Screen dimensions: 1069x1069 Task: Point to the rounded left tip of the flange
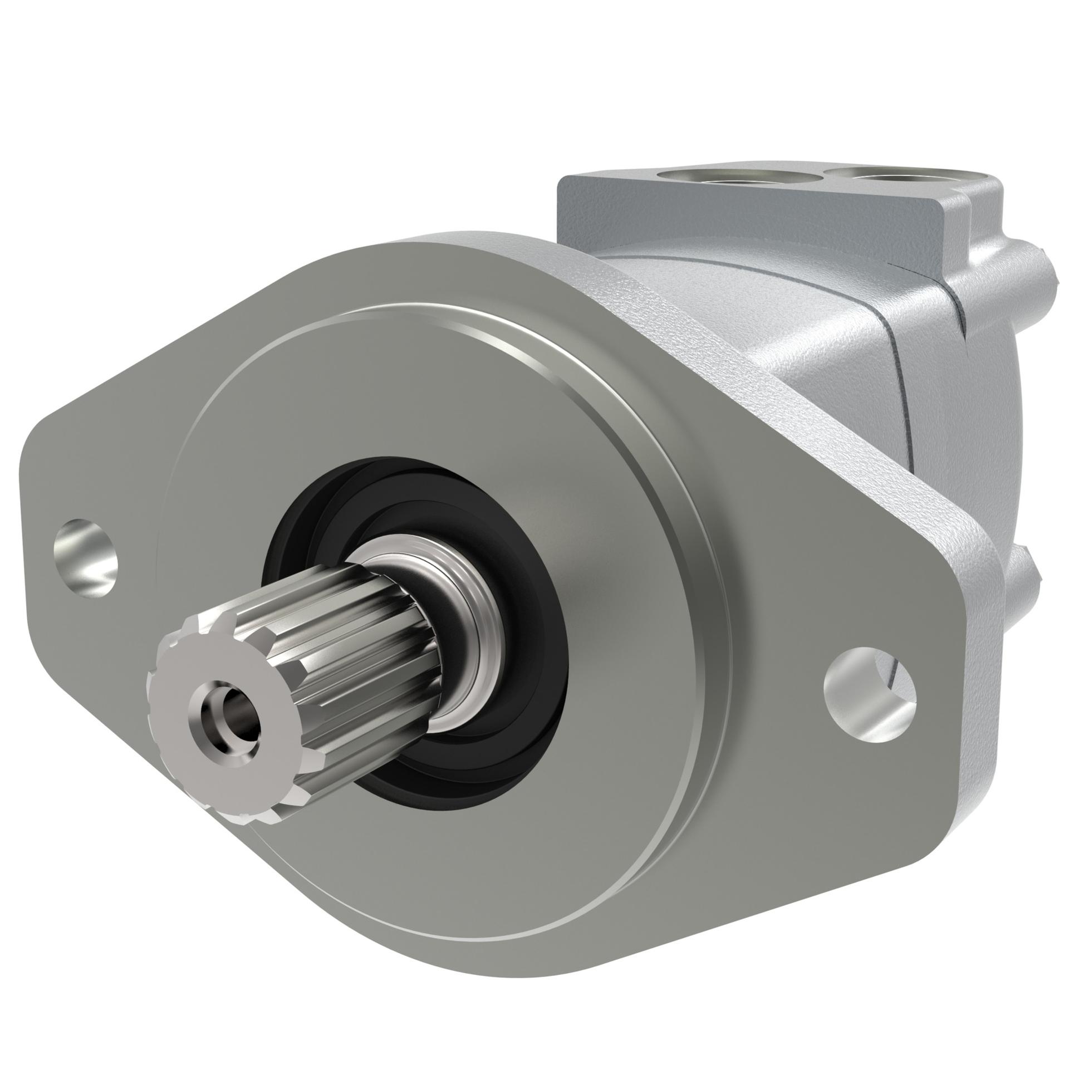33,501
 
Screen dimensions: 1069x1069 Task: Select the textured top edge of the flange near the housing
724,334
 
